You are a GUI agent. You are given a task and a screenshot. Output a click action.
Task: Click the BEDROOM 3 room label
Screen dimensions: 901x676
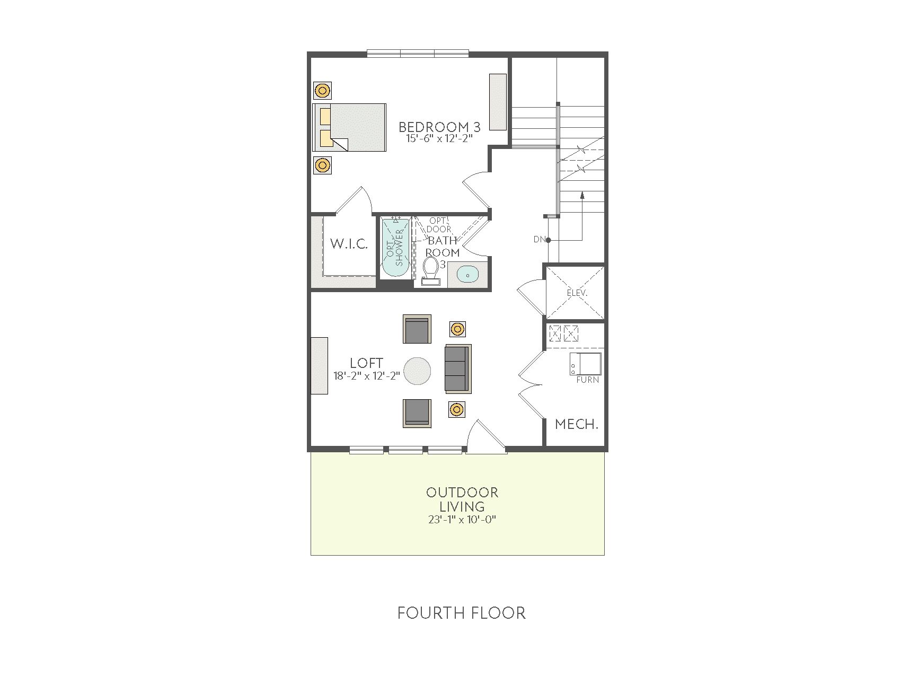[x=439, y=127]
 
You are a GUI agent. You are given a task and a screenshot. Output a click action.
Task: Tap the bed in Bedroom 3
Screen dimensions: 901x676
[x=349, y=127]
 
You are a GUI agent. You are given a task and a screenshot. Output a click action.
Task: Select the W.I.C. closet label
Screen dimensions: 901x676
[x=349, y=244]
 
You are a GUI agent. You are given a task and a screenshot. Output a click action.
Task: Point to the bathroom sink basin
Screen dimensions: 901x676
[x=467, y=275]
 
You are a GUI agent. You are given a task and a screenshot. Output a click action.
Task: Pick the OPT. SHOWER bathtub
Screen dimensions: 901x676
[x=396, y=248]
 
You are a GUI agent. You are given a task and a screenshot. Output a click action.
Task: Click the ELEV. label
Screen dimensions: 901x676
[x=577, y=293]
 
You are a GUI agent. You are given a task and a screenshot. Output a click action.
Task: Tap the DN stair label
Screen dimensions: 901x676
[x=540, y=240]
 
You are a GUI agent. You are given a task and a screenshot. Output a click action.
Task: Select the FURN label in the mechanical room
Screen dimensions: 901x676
[x=588, y=380]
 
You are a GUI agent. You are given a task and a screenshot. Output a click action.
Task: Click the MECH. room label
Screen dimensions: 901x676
[x=577, y=424]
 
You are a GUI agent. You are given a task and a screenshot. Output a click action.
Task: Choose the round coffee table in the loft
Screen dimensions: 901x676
[x=417, y=370]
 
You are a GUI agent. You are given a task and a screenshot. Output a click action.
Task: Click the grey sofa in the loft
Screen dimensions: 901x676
[x=458, y=369]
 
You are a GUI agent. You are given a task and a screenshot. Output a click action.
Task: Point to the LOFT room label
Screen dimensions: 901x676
[x=367, y=363]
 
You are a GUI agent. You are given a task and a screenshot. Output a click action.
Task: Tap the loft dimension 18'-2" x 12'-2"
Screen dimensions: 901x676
[x=367, y=376]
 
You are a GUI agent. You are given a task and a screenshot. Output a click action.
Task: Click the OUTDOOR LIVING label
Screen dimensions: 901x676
[x=462, y=499]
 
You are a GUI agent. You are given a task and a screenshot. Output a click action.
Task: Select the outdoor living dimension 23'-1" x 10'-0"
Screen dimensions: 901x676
[x=463, y=519]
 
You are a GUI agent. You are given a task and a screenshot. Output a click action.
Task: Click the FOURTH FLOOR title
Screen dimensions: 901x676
[x=462, y=613]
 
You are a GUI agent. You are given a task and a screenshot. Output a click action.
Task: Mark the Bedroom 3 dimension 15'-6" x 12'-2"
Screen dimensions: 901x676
[x=439, y=138]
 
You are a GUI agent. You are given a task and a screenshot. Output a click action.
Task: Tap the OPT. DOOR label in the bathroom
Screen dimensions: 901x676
[x=440, y=225]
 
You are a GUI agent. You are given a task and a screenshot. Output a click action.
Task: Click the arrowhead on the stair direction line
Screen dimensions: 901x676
[x=582, y=195]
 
